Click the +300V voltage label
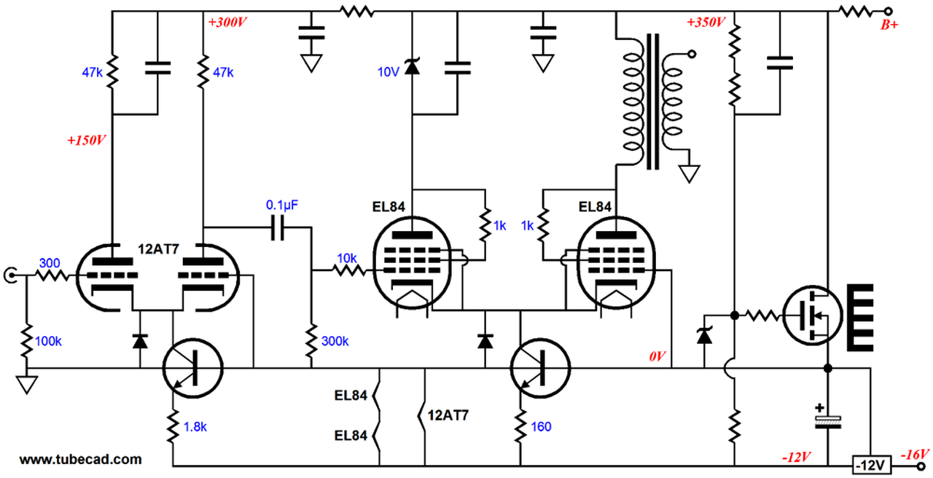[x=228, y=23]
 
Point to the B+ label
[x=889, y=26]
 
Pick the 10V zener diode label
[x=388, y=71]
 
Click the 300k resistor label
[x=335, y=341]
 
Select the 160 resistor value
[x=542, y=426]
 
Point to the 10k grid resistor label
[x=346, y=258]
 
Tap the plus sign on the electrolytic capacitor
[x=821, y=408]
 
